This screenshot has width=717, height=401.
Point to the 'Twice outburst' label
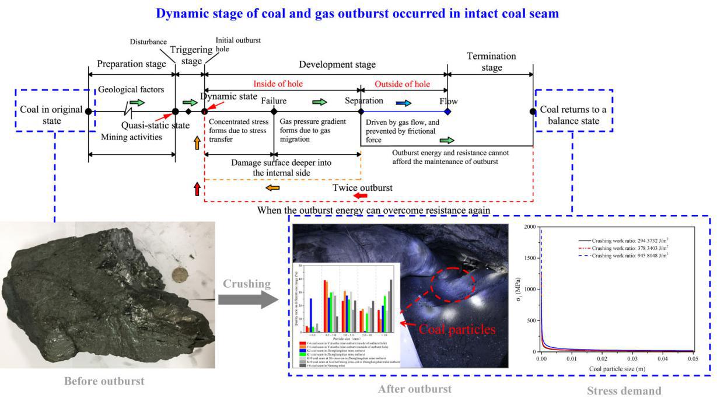point(362,188)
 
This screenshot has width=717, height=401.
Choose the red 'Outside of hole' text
point(402,84)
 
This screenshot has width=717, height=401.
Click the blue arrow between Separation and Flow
point(403,103)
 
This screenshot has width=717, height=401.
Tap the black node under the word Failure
point(274,111)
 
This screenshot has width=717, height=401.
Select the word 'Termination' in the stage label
point(492,57)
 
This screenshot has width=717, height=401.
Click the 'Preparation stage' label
point(132,64)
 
